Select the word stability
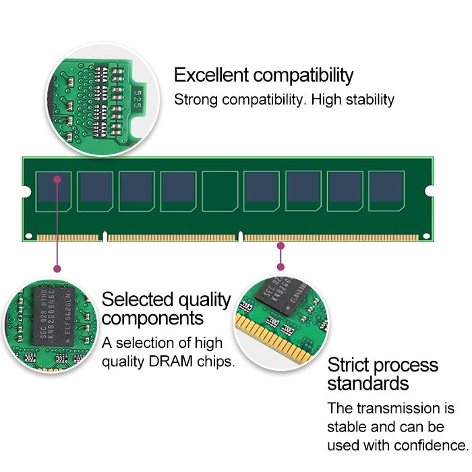point(367,100)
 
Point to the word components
point(152,318)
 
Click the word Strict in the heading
point(349,365)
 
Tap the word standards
point(368,384)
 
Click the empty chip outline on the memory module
point(220,191)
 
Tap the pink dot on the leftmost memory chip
point(58,179)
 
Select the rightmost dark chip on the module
point(386,191)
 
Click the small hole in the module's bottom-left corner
point(29,236)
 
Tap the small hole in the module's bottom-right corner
point(426,236)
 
